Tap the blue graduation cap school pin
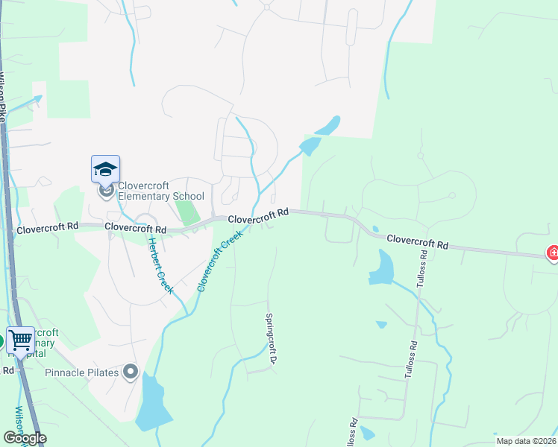click(105, 169)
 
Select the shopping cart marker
click(20, 340)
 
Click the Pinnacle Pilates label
click(82, 372)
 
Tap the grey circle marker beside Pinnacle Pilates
click(131, 370)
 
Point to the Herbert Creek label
click(160, 265)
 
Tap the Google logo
click(25, 438)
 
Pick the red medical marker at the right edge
click(553, 253)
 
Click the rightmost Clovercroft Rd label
click(417, 241)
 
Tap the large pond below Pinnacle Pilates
click(153, 405)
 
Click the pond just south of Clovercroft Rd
click(383, 268)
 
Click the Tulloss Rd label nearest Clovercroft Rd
click(423, 275)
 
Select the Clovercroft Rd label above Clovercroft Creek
click(258, 217)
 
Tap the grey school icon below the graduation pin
click(105, 192)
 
